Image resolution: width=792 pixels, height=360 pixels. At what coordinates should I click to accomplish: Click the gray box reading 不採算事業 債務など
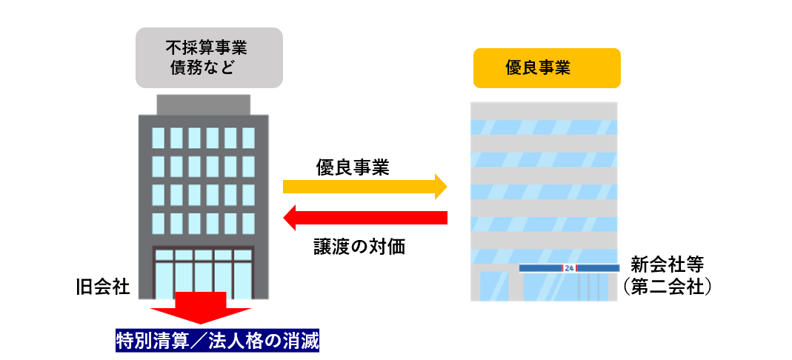(x=209, y=58)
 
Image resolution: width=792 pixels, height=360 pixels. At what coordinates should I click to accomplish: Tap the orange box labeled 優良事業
(x=547, y=68)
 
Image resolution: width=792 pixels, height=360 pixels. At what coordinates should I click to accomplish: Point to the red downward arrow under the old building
(x=201, y=307)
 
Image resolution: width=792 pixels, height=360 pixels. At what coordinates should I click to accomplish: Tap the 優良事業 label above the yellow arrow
(x=353, y=167)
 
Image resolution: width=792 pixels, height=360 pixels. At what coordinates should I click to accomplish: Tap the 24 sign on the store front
(x=569, y=267)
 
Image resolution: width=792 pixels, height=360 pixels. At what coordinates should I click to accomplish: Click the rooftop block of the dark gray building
(x=203, y=104)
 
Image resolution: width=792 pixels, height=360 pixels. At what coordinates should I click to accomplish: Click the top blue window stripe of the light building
(x=544, y=127)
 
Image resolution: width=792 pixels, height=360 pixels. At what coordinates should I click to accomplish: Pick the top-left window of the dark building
(x=158, y=138)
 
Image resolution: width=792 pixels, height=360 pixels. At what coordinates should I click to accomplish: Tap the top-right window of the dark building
(x=248, y=138)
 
